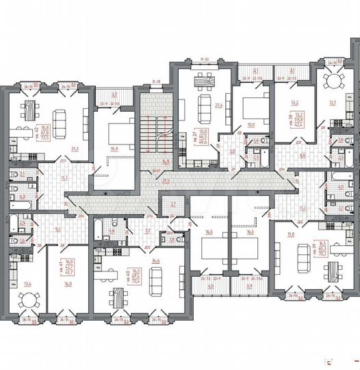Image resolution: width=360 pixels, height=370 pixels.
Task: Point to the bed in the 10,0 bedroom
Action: click(251, 106)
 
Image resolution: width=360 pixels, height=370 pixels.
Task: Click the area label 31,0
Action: click(290, 235)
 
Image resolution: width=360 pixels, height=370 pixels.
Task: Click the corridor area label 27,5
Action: click(166, 180)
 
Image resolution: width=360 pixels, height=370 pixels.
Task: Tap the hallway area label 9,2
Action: click(58, 230)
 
